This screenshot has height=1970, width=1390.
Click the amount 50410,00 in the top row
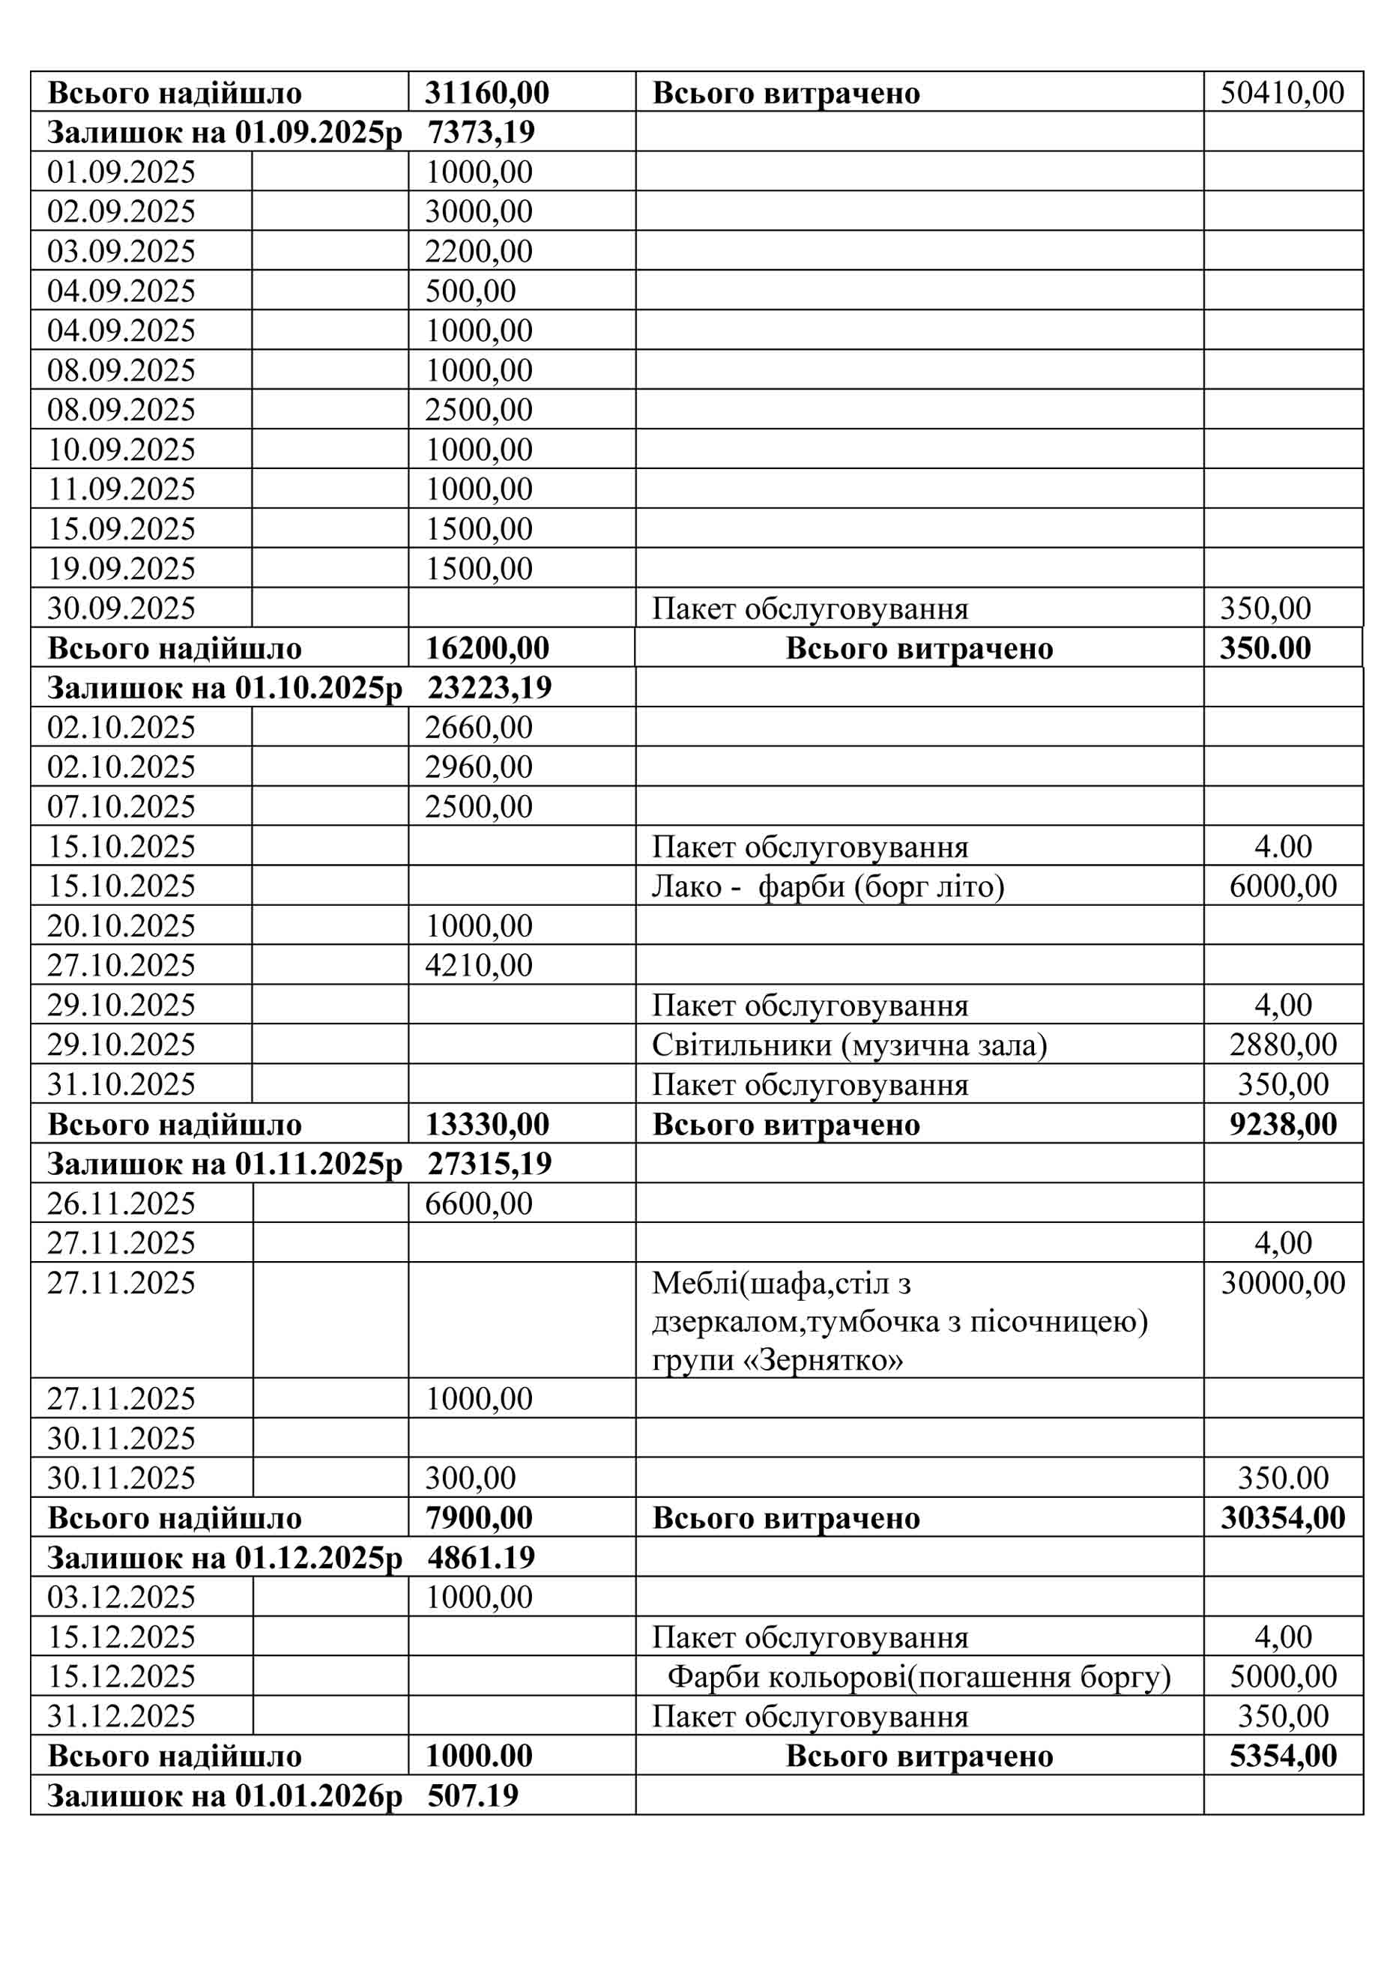1281,93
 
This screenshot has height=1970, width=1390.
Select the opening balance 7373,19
480,132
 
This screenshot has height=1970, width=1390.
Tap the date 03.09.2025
121,251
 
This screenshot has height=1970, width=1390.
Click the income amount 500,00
470,291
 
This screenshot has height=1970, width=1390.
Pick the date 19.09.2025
121,569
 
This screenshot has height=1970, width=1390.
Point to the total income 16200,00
486,649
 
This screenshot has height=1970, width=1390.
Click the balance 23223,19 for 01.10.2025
489,688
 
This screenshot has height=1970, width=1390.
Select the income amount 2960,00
479,767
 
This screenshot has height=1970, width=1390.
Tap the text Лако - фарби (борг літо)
827,886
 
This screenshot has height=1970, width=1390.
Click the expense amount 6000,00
1283,886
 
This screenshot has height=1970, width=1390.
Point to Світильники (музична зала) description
848,1045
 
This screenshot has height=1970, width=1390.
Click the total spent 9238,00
1283,1125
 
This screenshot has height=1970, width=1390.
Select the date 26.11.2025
121,1203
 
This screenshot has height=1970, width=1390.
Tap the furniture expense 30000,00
1283,1284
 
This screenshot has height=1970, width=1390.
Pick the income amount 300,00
470,1478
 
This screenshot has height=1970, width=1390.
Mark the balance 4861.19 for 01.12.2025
480,1557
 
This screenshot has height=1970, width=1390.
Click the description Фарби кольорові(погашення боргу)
919,1676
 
